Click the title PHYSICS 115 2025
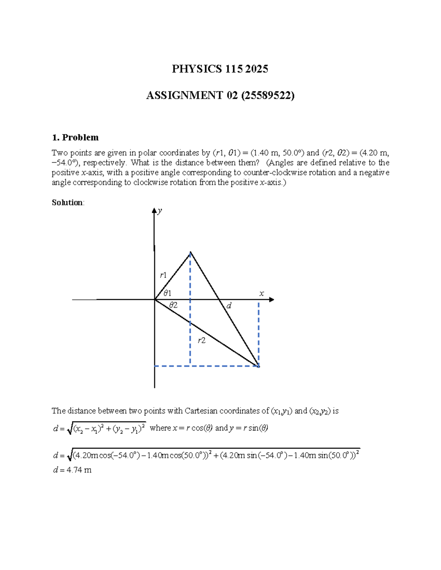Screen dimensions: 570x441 220,69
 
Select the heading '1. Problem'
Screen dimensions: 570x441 75,137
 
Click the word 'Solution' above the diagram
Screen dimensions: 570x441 67,203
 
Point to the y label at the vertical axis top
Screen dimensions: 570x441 160,211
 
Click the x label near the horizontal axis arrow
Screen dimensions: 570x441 262,293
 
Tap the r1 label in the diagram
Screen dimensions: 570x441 163,275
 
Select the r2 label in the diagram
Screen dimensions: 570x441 201,341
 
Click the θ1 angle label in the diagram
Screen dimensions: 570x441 167,293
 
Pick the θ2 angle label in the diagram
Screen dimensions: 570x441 173,305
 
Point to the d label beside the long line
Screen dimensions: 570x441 229,305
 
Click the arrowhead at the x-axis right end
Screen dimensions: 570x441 272,299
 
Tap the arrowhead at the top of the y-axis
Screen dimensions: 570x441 154,211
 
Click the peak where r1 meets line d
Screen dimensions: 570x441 190,252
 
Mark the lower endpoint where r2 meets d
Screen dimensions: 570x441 259,366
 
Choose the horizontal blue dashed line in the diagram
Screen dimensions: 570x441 206,366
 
